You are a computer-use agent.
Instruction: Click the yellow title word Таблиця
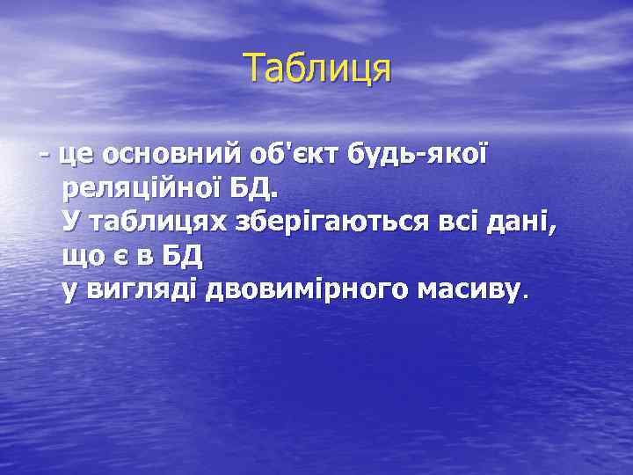(316, 68)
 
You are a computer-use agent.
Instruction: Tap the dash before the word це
(43, 156)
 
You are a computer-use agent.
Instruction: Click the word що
(82, 257)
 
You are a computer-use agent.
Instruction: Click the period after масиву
(526, 297)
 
